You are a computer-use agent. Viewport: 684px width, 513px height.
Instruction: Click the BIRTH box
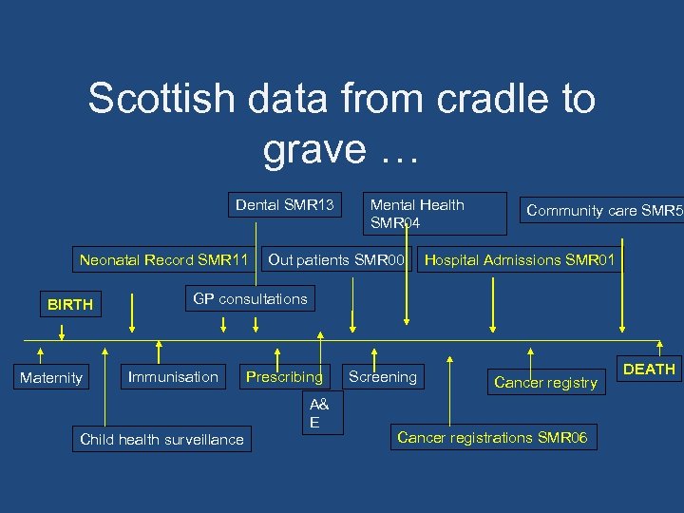pyautogui.click(x=70, y=305)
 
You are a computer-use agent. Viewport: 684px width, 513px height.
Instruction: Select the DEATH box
pyautogui.click(x=649, y=369)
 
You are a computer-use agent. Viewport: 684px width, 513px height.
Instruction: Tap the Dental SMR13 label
pyautogui.click(x=285, y=204)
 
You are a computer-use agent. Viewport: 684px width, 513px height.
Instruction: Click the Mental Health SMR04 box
pyautogui.click(x=418, y=214)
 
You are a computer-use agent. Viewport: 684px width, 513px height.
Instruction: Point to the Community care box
pyautogui.click(x=604, y=211)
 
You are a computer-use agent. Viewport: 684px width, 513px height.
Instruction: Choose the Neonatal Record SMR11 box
pyautogui.click(x=163, y=259)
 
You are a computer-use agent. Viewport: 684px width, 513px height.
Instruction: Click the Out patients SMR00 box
pyautogui.click(x=336, y=259)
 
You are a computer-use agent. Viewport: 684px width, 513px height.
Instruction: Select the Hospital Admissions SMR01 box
pyautogui.click(x=520, y=259)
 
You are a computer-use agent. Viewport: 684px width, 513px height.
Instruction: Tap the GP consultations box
pyautogui.click(x=250, y=298)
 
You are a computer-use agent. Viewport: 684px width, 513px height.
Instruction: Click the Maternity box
pyautogui.click(x=51, y=378)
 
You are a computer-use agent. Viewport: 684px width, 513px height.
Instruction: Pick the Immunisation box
pyautogui.click(x=173, y=377)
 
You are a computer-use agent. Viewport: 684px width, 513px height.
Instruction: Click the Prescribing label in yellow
pyautogui.click(x=284, y=377)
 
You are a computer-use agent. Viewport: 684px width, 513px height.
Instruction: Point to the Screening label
pyautogui.click(x=383, y=377)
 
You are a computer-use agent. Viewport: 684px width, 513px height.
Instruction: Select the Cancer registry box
pyautogui.click(x=545, y=383)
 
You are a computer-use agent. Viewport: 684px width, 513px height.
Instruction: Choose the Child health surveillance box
pyautogui.click(x=161, y=439)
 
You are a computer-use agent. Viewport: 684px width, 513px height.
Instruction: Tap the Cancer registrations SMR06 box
pyautogui.click(x=492, y=437)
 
